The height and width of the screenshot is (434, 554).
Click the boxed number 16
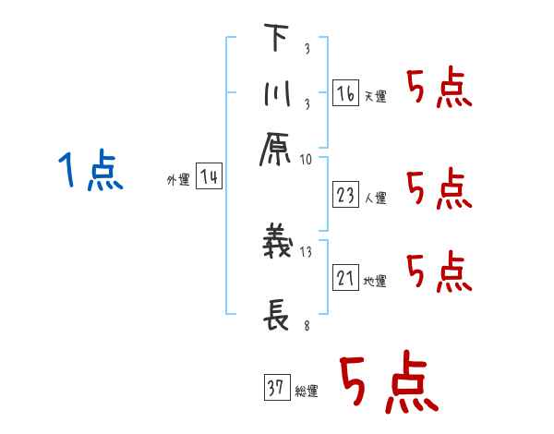click(x=345, y=93)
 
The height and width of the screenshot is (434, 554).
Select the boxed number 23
click(x=346, y=194)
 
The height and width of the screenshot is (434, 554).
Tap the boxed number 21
click(x=345, y=278)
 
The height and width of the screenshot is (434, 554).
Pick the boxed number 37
click(x=276, y=389)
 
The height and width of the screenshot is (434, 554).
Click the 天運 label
click(x=376, y=96)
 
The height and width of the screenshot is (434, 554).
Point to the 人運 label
click(x=376, y=197)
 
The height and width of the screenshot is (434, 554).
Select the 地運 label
click(x=376, y=281)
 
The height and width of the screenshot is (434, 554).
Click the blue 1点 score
click(x=90, y=173)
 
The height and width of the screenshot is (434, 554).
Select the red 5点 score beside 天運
click(x=439, y=89)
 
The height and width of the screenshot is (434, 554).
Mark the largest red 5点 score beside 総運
click(x=387, y=385)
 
